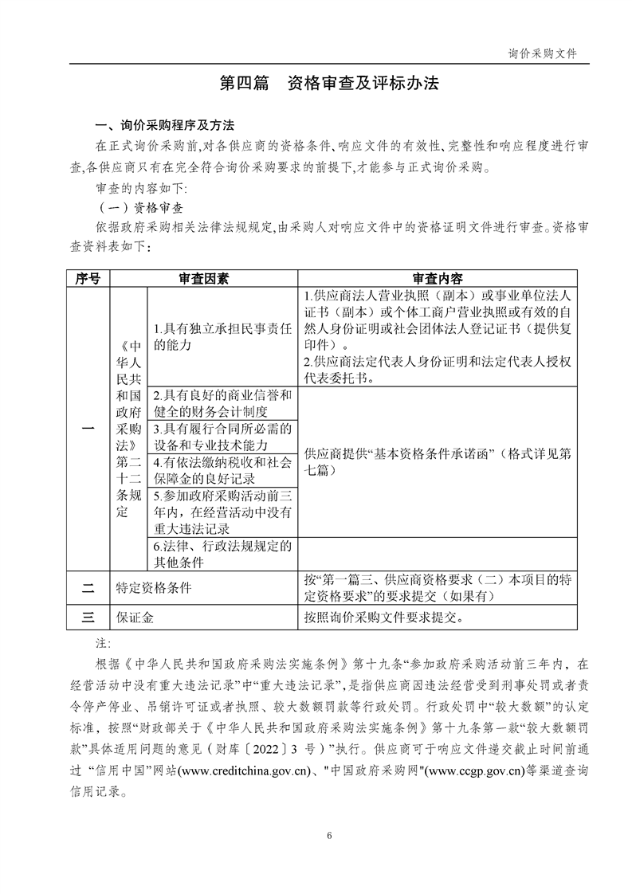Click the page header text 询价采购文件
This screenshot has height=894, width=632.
[x=542, y=53]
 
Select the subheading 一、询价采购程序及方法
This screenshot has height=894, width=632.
[x=164, y=126]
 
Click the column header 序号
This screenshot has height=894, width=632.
[x=88, y=279]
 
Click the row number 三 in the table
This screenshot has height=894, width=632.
[x=88, y=616]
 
